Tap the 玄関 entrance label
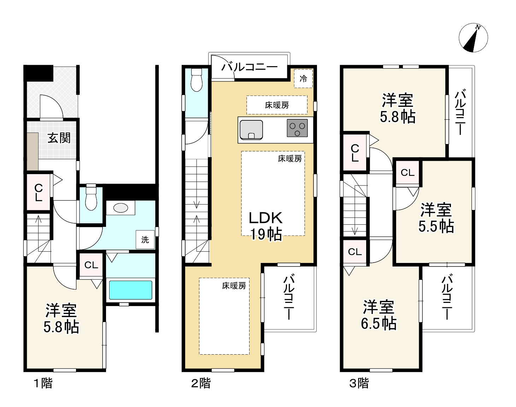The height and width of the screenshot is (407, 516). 59,138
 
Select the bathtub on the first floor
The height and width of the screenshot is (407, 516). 131,290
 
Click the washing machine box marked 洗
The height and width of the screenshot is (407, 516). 145,240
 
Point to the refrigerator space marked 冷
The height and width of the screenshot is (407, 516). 303,79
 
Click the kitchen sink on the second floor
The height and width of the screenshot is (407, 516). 251,130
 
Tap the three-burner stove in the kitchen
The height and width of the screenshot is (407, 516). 297,128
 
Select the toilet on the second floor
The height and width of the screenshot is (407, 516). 197,80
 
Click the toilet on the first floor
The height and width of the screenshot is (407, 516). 91,197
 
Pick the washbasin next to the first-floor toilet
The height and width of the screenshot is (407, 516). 121,208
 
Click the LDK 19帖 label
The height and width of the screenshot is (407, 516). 266,226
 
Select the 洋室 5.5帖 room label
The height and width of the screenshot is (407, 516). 436,218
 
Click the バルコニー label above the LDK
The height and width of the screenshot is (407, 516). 249,67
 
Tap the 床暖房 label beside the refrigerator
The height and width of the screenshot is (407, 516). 277,105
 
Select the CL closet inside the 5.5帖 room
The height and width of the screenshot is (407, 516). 407,172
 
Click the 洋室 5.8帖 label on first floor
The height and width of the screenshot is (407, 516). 61,319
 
